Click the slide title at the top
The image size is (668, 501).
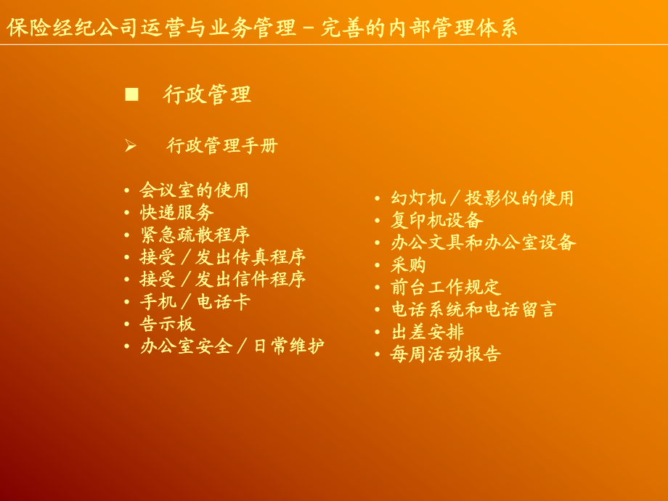tap(262, 28)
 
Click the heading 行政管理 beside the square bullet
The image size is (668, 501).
tap(207, 94)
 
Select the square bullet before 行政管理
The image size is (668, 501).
tap(131, 94)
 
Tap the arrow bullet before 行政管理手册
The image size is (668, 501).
tap(131, 146)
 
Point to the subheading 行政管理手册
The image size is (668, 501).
tap(222, 146)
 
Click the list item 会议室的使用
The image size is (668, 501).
tap(194, 190)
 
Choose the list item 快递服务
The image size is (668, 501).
tap(176, 213)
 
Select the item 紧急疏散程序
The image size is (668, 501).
tap(194, 235)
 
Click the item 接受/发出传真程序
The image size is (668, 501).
tap(222, 257)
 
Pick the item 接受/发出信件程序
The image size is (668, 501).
tap(222, 280)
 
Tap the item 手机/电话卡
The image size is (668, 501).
tap(194, 302)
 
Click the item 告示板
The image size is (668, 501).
tap(168, 324)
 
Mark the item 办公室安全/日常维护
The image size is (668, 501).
tap(232, 346)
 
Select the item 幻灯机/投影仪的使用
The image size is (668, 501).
tap(482, 198)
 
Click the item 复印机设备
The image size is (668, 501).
tap(436, 220)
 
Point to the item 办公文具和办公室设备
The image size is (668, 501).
tap(483, 243)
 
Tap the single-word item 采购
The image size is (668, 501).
tap(408, 265)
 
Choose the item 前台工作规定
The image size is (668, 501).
tap(446, 288)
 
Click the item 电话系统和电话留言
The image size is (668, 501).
tap(473, 309)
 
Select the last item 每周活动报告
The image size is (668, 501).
tap(446, 354)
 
